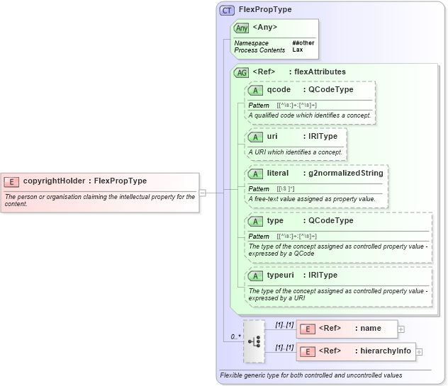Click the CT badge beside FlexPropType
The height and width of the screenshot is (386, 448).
(x=228, y=10)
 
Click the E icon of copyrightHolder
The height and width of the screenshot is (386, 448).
(x=12, y=181)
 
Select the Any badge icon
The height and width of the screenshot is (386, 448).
(x=242, y=28)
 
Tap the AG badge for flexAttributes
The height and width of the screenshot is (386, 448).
(x=242, y=72)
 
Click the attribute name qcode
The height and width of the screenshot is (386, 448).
(x=279, y=90)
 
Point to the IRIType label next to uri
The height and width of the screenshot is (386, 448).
(x=323, y=136)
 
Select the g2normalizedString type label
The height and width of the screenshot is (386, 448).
(x=345, y=173)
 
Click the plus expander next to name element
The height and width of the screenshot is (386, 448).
(x=401, y=329)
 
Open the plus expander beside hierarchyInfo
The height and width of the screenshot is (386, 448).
(x=419, y=351)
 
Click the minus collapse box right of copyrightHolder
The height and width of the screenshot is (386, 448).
(x=203, y=192)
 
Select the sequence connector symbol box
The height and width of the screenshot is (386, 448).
(x=253, y=341)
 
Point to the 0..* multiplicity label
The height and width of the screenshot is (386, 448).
(x=235, y=336)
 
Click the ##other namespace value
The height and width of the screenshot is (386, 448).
(x=303, y=42)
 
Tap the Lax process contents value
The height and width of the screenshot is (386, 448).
(x=298, y=50)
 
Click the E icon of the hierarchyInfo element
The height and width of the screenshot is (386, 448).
(x=307, y=351)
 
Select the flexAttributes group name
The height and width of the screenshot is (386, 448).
(x=320, y=72)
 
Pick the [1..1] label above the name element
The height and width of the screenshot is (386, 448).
(x=284, y=324)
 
